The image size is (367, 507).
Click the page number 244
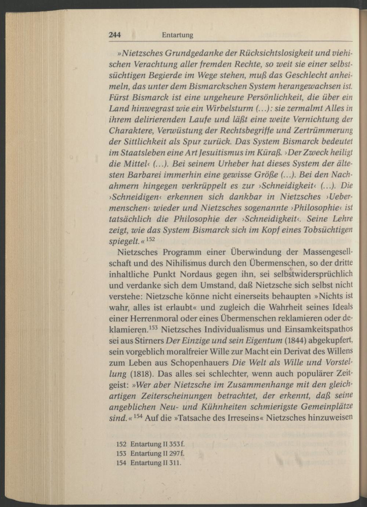coord(115,35)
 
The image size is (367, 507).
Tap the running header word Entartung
coord(177,35)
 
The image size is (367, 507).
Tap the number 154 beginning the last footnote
coord(121,462)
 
